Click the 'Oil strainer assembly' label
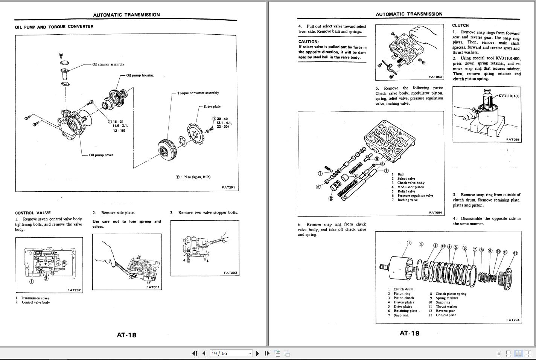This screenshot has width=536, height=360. pos(108,64)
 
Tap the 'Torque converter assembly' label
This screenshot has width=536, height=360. pos(198,93)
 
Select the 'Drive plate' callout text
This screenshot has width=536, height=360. pos(212,107)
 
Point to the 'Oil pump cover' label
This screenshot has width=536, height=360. pos(101,155)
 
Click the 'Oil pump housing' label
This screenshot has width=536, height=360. pos(140,75)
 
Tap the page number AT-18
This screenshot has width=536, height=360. pos(126,335)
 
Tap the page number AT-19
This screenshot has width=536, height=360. pos(409,333)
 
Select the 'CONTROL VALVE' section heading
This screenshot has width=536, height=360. pos(33,213)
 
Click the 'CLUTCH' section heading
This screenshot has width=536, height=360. pos(460,26)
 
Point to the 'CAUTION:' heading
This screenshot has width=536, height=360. pos(308,42)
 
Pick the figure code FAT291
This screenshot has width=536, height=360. pos(228,187)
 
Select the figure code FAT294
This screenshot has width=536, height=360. pos(513,320)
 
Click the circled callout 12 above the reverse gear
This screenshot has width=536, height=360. pos(515,253)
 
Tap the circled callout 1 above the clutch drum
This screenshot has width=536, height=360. pos(409,243)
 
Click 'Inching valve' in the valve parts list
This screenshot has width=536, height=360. pos(408,200)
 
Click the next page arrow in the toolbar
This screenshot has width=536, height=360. pos(257,353)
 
